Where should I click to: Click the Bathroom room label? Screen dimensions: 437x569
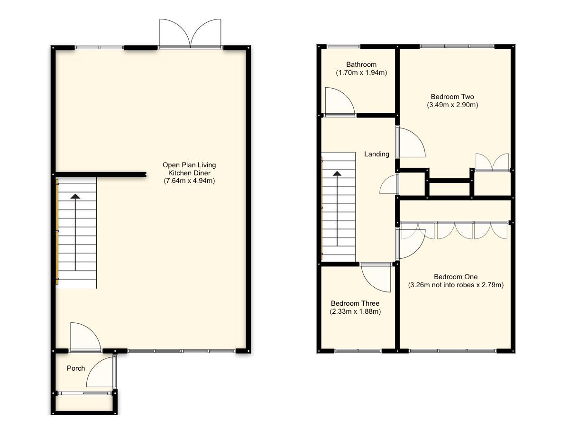point(361,64)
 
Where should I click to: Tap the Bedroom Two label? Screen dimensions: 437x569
point(452,97)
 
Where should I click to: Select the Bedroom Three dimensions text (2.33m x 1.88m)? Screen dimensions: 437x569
point(355,312)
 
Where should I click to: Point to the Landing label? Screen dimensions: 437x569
point(376,154)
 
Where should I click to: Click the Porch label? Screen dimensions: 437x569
point(76,368)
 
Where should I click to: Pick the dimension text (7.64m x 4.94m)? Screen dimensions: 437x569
point(189,181)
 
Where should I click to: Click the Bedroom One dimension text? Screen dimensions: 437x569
point(455,285)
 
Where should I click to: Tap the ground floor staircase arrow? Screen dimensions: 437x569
point(75,232)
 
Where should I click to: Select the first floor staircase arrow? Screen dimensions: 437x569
point(337,209)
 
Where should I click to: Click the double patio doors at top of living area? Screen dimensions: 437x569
point(191,34)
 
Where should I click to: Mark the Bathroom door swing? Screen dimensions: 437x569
point(339,102)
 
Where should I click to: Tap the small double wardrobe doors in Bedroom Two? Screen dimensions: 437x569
point(492,163)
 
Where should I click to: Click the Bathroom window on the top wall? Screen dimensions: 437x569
point(343,46)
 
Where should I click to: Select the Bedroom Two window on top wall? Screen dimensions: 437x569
point(457,46)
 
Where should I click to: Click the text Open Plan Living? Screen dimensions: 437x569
point(189,165)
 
